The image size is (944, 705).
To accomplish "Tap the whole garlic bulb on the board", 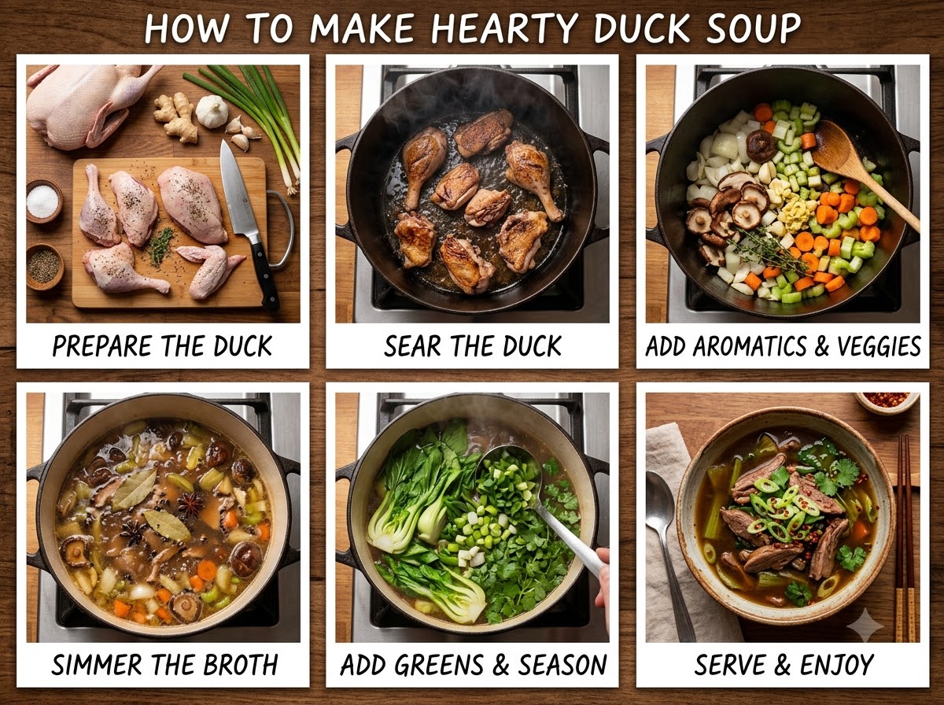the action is point(212,111).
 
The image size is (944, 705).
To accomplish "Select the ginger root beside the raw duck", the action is point(176,116).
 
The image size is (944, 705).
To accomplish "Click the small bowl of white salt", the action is point(43,201).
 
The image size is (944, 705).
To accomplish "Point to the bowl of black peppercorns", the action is point(44,266).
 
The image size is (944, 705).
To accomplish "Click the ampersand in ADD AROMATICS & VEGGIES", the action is point(820,346).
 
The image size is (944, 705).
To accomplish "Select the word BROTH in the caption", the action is point(241,665).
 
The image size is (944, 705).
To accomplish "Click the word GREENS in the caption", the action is point(439,665).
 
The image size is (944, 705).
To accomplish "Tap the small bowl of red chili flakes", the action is point(887,402).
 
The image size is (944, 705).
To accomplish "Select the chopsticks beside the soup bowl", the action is point(905,537).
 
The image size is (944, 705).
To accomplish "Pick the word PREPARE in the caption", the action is point(103,346).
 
